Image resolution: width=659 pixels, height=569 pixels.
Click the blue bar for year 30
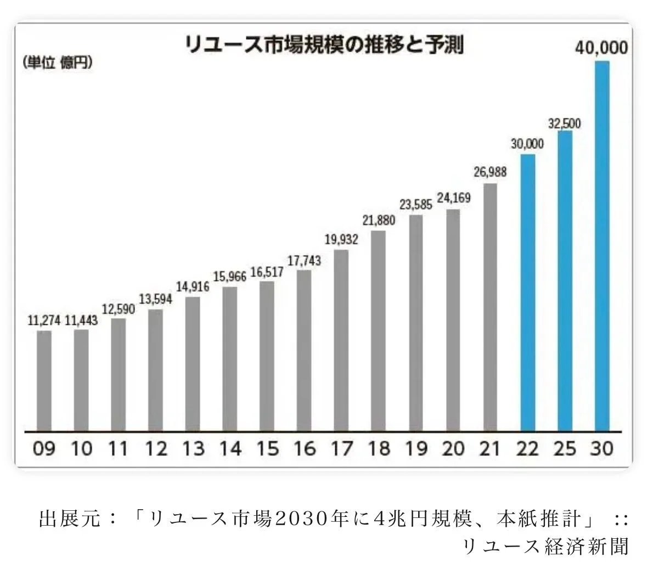602,246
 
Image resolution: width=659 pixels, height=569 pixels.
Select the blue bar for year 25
565,281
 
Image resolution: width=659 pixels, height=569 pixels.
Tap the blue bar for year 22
528,292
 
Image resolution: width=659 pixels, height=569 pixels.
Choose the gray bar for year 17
341,340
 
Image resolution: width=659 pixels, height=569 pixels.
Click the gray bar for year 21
490,307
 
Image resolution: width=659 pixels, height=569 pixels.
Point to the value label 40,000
601,48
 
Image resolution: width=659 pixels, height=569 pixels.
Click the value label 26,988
489,172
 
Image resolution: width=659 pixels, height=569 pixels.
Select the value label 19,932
341,239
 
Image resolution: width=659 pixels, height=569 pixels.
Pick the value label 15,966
229,276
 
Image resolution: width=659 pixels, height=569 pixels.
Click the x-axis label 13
193,448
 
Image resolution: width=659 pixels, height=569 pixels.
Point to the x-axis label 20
453,448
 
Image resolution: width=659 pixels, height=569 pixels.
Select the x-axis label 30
601,448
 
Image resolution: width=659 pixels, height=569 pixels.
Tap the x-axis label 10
82,448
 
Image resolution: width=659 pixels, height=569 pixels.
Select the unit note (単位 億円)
57,63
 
